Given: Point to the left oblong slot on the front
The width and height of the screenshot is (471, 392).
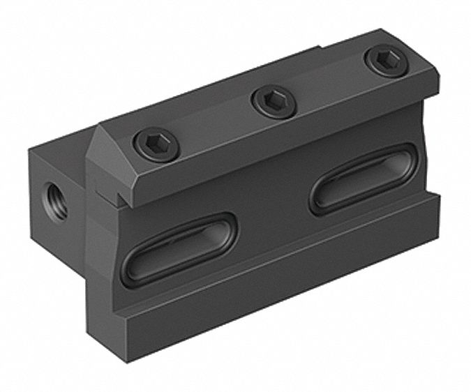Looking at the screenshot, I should click(x=179, y=248).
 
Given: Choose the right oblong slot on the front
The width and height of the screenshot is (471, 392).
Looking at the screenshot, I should click(x=363, y=178).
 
